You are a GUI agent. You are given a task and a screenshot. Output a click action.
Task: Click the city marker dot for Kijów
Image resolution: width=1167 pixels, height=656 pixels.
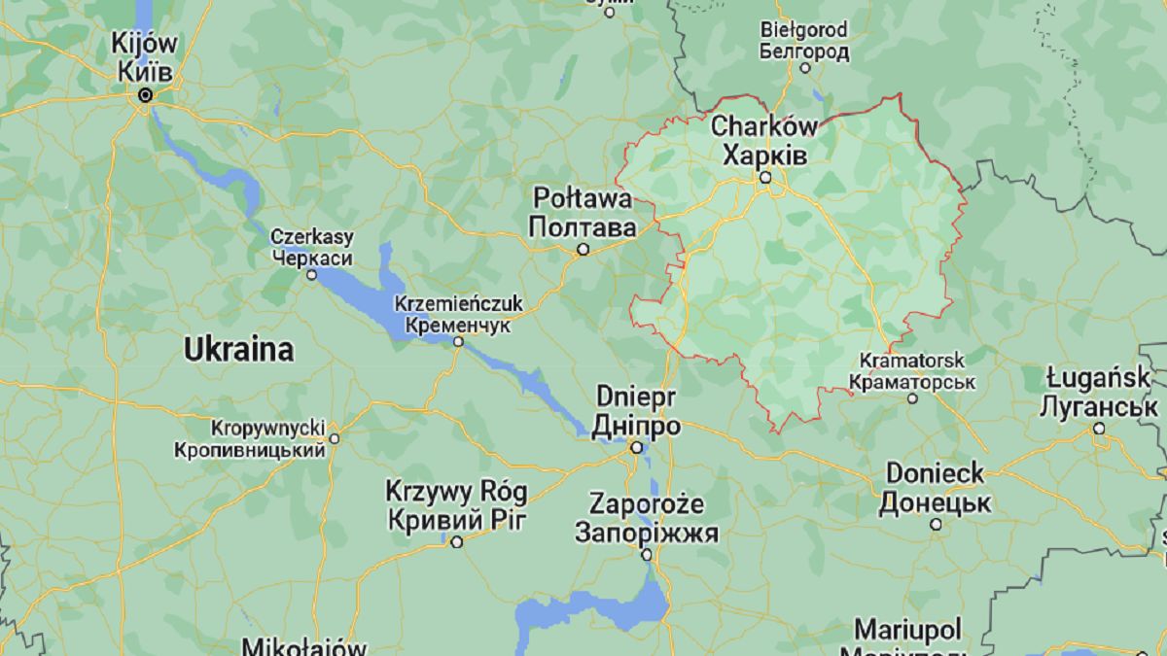tap(146, 95)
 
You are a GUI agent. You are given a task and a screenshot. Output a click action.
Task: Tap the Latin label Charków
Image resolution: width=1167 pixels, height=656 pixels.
tap(763, 125)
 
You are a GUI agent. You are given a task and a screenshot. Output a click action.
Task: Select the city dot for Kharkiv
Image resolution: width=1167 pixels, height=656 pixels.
tap(765, 178)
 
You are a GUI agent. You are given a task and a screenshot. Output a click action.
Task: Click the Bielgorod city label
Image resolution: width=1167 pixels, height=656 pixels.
tap(803, 29)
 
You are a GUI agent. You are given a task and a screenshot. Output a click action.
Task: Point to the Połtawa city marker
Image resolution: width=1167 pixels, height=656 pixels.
tap(583, 250)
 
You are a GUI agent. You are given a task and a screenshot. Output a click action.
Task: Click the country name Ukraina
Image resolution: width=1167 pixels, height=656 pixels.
tap(239, 350)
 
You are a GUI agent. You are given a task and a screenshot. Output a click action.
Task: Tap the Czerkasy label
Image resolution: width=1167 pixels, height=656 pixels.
tap(312, 237)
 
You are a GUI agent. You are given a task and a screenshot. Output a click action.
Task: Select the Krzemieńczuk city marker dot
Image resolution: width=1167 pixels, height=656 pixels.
tap(458, 341)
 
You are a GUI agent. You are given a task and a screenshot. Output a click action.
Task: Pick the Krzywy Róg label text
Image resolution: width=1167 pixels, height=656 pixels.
tap(456, 492)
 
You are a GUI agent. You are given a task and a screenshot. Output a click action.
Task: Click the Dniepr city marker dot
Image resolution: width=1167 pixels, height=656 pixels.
tap(636, 448)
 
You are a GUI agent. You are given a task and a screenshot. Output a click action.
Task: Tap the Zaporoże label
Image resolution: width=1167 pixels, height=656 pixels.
tap(647, 504)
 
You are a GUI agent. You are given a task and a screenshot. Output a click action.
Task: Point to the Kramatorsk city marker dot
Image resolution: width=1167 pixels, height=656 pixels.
tap(912, 398)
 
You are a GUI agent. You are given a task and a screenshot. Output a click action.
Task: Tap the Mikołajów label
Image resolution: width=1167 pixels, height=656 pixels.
tap(303, 645)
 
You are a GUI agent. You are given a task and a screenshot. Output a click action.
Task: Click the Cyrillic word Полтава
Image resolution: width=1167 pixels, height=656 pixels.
tap(582, 226)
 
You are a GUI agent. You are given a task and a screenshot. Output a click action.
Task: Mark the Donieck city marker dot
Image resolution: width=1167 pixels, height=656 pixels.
tap(936, 524)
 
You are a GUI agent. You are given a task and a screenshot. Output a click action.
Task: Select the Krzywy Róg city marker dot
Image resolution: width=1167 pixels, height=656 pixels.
tap(456, 541)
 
